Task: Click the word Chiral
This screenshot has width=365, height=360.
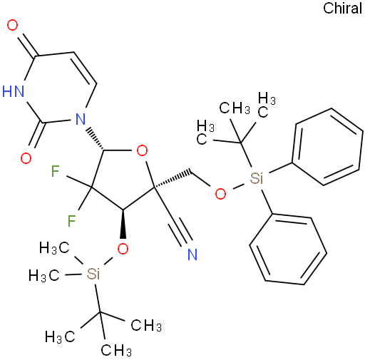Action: pyautogui.click(x=342, y=8)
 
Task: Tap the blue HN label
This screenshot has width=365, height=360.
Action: pyautogui.click(x=14, y=91)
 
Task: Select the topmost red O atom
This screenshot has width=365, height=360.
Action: pyautogui.click(x=12, y=25)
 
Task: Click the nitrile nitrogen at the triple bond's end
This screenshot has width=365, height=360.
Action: pyautogui.click(x=192, y=254)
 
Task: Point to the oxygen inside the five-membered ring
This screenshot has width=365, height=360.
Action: pyautogui.click(x=142, y=150)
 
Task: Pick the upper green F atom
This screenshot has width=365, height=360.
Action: pyautogui.click(x=56, y=171)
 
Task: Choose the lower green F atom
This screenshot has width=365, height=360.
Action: pyautogui.click(x=71, y=221)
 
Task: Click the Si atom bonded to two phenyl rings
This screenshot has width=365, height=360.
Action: pyautogui.click(x=257, y=178)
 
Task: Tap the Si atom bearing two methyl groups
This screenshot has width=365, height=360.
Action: pyautogui.click(x=93, y=274)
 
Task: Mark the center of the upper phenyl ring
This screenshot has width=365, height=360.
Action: pyautogui.click(x=327, y=147)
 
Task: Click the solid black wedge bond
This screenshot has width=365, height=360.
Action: pyautogui.click(x=123, y=224)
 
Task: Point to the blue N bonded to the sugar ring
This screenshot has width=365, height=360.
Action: pyautogui.click(x=81, y=119)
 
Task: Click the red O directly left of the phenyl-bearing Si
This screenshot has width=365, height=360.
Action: pyautogui.click(x=220, y=194)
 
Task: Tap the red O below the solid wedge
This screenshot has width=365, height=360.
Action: pyautogui.click(x=123, y=249)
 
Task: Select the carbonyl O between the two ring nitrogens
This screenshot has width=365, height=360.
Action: pyautogui.click(x=26, y=158)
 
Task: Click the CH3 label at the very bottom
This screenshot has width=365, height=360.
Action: pyautogui.click(x=116, y=350)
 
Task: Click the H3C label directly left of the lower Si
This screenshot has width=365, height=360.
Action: pyautogui.click(x=43, y=276)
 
